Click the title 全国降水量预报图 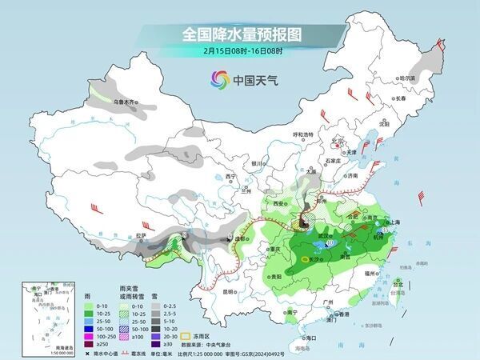tap(240, 34)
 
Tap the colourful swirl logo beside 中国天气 tap(218, 79)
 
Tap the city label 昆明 tap(228, 291)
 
